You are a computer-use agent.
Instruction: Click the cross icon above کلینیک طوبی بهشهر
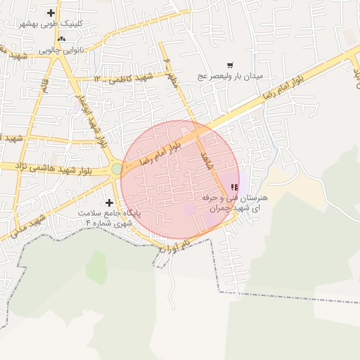coord(51,13)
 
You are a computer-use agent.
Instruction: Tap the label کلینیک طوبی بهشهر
coord(52,23)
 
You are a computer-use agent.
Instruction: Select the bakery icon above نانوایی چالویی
coord(62,39)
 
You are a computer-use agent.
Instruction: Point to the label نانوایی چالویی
coord(63,50)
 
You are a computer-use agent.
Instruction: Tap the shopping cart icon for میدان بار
coord(230,65)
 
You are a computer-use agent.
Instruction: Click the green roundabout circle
coord(116,169)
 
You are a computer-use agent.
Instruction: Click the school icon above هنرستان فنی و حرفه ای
coord(234,188)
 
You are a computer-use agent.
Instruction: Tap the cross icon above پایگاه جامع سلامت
coord(109,202)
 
